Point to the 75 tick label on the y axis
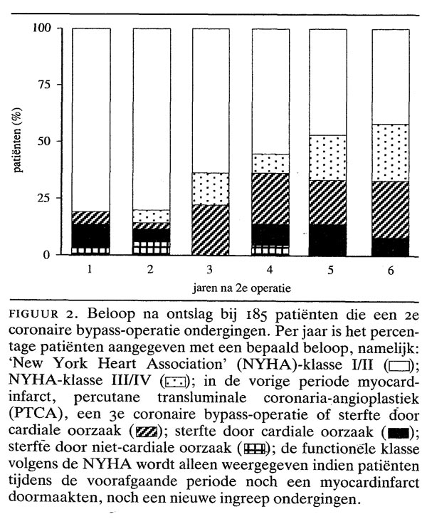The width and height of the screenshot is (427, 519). tap(43, 84)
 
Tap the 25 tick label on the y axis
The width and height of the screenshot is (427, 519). tap(43, 197)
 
